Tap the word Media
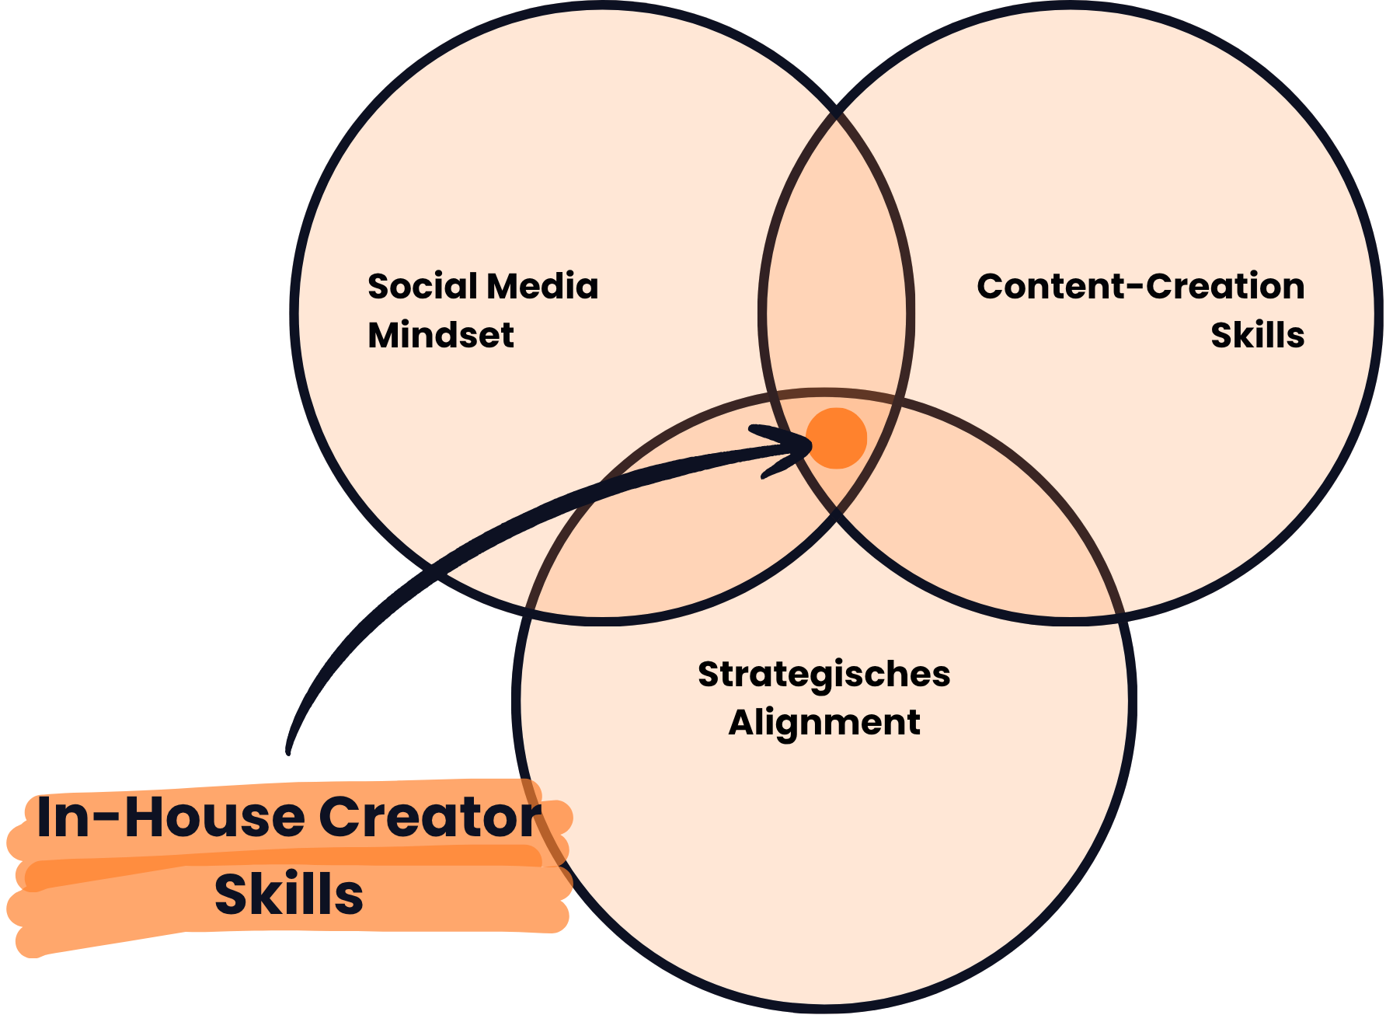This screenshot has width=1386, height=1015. pos(543,286)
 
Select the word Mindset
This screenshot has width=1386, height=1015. pos(441,335)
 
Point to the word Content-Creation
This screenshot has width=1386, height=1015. pos(1140,286)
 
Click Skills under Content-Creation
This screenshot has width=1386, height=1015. pos(1257,335)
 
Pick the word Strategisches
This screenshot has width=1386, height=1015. pos(824,675)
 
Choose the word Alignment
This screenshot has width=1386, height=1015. pos(824,723)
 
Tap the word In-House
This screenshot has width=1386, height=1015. pos(171,817)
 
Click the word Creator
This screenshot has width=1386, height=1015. pos(430,817)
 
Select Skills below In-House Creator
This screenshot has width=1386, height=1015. pos(288,894)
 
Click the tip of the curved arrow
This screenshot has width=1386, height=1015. pos(810,446)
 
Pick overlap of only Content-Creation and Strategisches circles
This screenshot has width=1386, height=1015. pos(1002,544)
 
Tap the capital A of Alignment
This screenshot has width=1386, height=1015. pos(742,723)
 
